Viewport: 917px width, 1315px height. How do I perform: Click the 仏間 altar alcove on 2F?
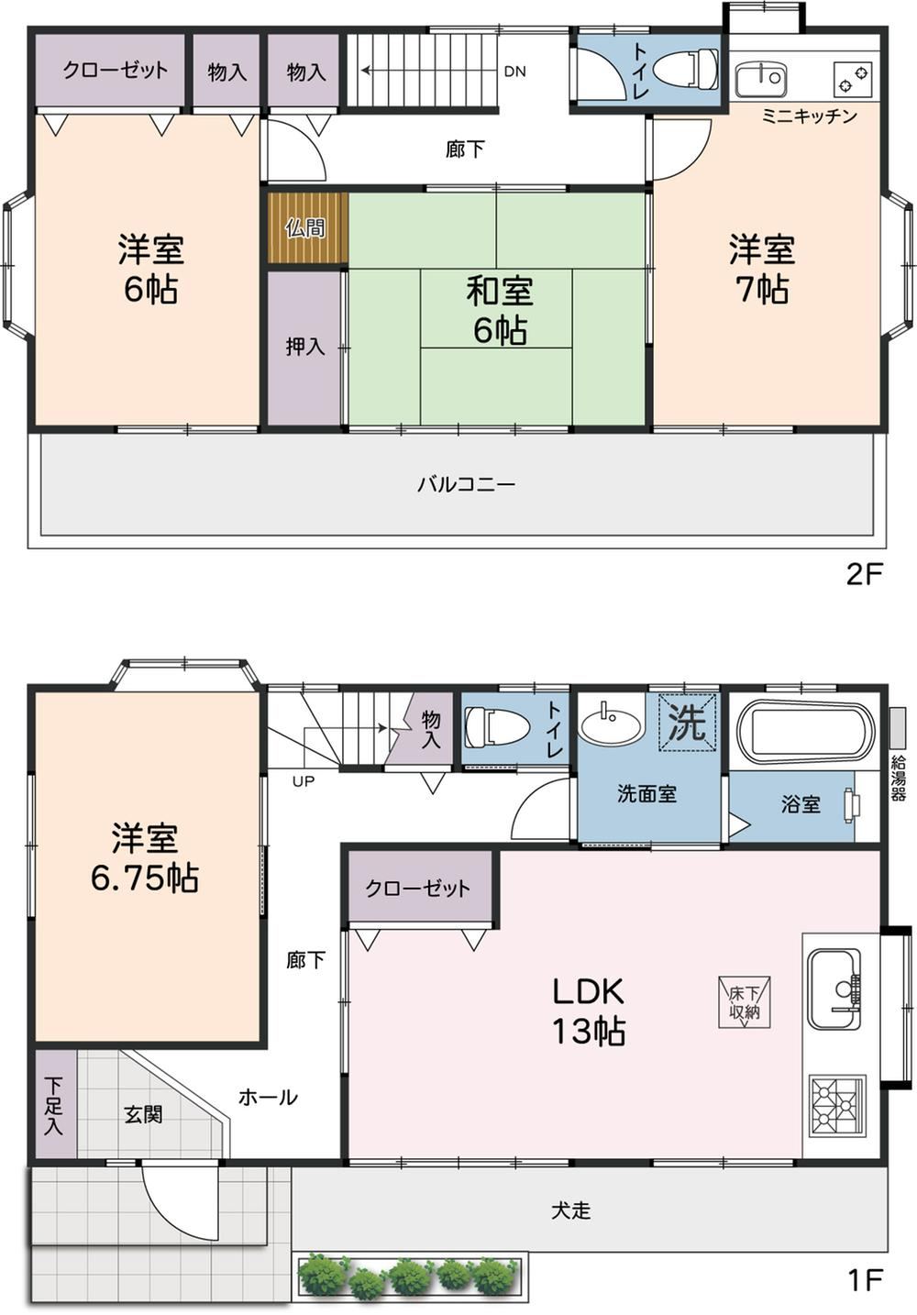click(x=307, y=228)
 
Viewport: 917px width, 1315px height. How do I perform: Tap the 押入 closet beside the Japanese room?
click(x=304, y=347)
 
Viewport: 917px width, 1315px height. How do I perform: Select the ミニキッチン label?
click(x=810, y=116)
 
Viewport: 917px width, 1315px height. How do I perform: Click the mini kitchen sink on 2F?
click(x=761, y=79)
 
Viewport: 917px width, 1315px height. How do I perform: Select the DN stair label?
click(x=514, y=72)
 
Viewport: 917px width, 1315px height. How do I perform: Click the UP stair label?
click(x=304, y=781)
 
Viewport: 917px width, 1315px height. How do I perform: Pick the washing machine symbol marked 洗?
click(x=688, y=723)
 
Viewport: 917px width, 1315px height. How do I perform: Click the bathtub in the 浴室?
click(x=804, y=731)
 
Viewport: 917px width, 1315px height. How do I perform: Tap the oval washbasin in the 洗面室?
click(x=611, y=723)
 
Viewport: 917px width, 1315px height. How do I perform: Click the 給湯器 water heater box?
click(x=897, y=728)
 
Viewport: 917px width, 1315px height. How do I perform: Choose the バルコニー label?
click(x=467, y=485)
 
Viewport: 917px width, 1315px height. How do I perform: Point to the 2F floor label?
click(x=865, y=575)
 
